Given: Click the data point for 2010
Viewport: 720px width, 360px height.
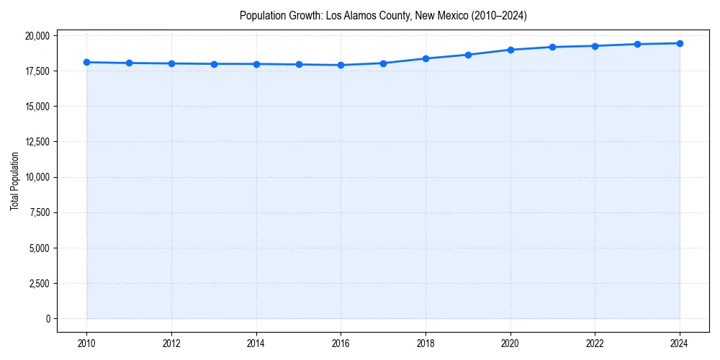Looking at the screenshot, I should click(x=86, y=62).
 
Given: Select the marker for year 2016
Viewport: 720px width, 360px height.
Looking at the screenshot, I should click(x=341, y=65).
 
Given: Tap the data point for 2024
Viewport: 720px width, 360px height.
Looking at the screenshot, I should click(x=680, y=43).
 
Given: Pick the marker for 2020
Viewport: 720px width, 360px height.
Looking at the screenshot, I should click(x=510, y=50).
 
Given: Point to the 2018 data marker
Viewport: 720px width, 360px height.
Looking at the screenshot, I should click(x=426, y=58).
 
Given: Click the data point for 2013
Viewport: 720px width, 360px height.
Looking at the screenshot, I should click(x=214, y=64).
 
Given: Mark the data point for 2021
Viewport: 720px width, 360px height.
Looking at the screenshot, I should click(x=552, y=47).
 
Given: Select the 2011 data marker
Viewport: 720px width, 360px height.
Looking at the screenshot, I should click(x=129, y=63).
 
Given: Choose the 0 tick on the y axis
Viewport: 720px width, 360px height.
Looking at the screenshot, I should click(x=47, y=319).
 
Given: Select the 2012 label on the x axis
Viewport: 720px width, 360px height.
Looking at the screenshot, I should click(x=171, y=343).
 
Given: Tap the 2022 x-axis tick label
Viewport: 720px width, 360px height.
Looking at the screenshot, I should click(x=595, y=343).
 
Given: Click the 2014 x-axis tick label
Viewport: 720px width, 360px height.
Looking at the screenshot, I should click(x=256, y=343).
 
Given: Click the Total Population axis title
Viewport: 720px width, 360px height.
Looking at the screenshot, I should click(x=14, y=181).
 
